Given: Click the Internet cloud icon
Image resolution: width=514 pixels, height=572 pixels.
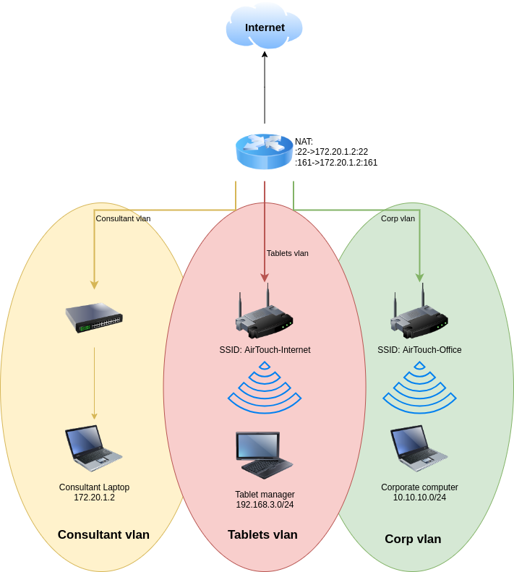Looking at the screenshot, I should (264, 27).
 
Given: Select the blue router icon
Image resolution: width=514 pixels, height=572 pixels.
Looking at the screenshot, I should (264, 151).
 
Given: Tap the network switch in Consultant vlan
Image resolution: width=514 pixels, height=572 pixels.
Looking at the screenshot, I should (94, 317).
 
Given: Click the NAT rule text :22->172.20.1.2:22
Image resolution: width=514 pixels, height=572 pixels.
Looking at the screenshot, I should (332, 152).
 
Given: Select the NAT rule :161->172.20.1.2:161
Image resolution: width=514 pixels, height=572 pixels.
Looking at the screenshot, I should (336, 163).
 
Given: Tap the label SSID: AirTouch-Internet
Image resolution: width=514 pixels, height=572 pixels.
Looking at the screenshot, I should (265, 350).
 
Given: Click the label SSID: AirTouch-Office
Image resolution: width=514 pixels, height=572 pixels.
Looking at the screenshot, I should (419, 350).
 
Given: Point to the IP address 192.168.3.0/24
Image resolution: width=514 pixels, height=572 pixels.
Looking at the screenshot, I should (265, 505).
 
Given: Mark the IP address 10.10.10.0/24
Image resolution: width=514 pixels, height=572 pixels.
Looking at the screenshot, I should (419, 498).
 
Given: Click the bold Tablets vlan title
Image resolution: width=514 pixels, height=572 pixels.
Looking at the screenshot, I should (262, 534).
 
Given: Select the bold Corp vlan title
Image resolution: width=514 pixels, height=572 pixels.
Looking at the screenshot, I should (413, 539).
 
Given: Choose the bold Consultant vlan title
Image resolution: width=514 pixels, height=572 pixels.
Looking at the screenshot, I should (103, 534).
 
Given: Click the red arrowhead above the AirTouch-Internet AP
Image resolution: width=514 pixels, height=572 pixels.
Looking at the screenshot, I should (265, 278).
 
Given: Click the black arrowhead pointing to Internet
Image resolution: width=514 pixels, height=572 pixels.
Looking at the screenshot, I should (265, 54).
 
